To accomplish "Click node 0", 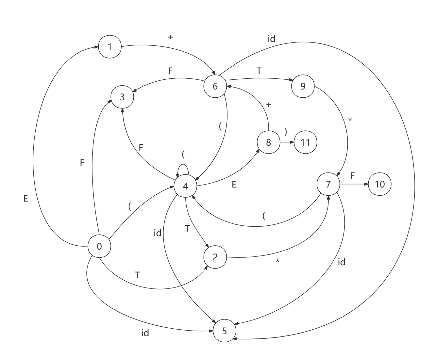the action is coord(99,246).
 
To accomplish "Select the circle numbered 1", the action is coord(110,47).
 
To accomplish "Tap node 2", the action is coord(215,257).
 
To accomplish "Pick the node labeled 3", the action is coord(122,97).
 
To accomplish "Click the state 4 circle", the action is coord(185,186).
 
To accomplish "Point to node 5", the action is coord(225,331).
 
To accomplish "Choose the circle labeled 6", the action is coord(215,86).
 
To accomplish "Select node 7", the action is coord(328,184).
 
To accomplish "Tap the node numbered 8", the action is coord(269,142).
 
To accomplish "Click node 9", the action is coord(303,86).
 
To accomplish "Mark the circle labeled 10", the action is coord(380,184).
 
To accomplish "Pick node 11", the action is coord(305,142).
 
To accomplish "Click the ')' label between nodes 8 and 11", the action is coord(286,132).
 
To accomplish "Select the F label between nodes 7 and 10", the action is coord(353,176).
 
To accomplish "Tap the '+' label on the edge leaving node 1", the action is coord(170,37).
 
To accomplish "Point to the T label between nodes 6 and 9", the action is coord(259,71).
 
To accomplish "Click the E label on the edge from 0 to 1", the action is coord(26,198).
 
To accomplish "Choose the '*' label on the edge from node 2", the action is coord(277,261).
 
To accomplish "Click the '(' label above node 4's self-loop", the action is coord(183,154).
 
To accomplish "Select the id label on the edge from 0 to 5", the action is coord(145,333).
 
